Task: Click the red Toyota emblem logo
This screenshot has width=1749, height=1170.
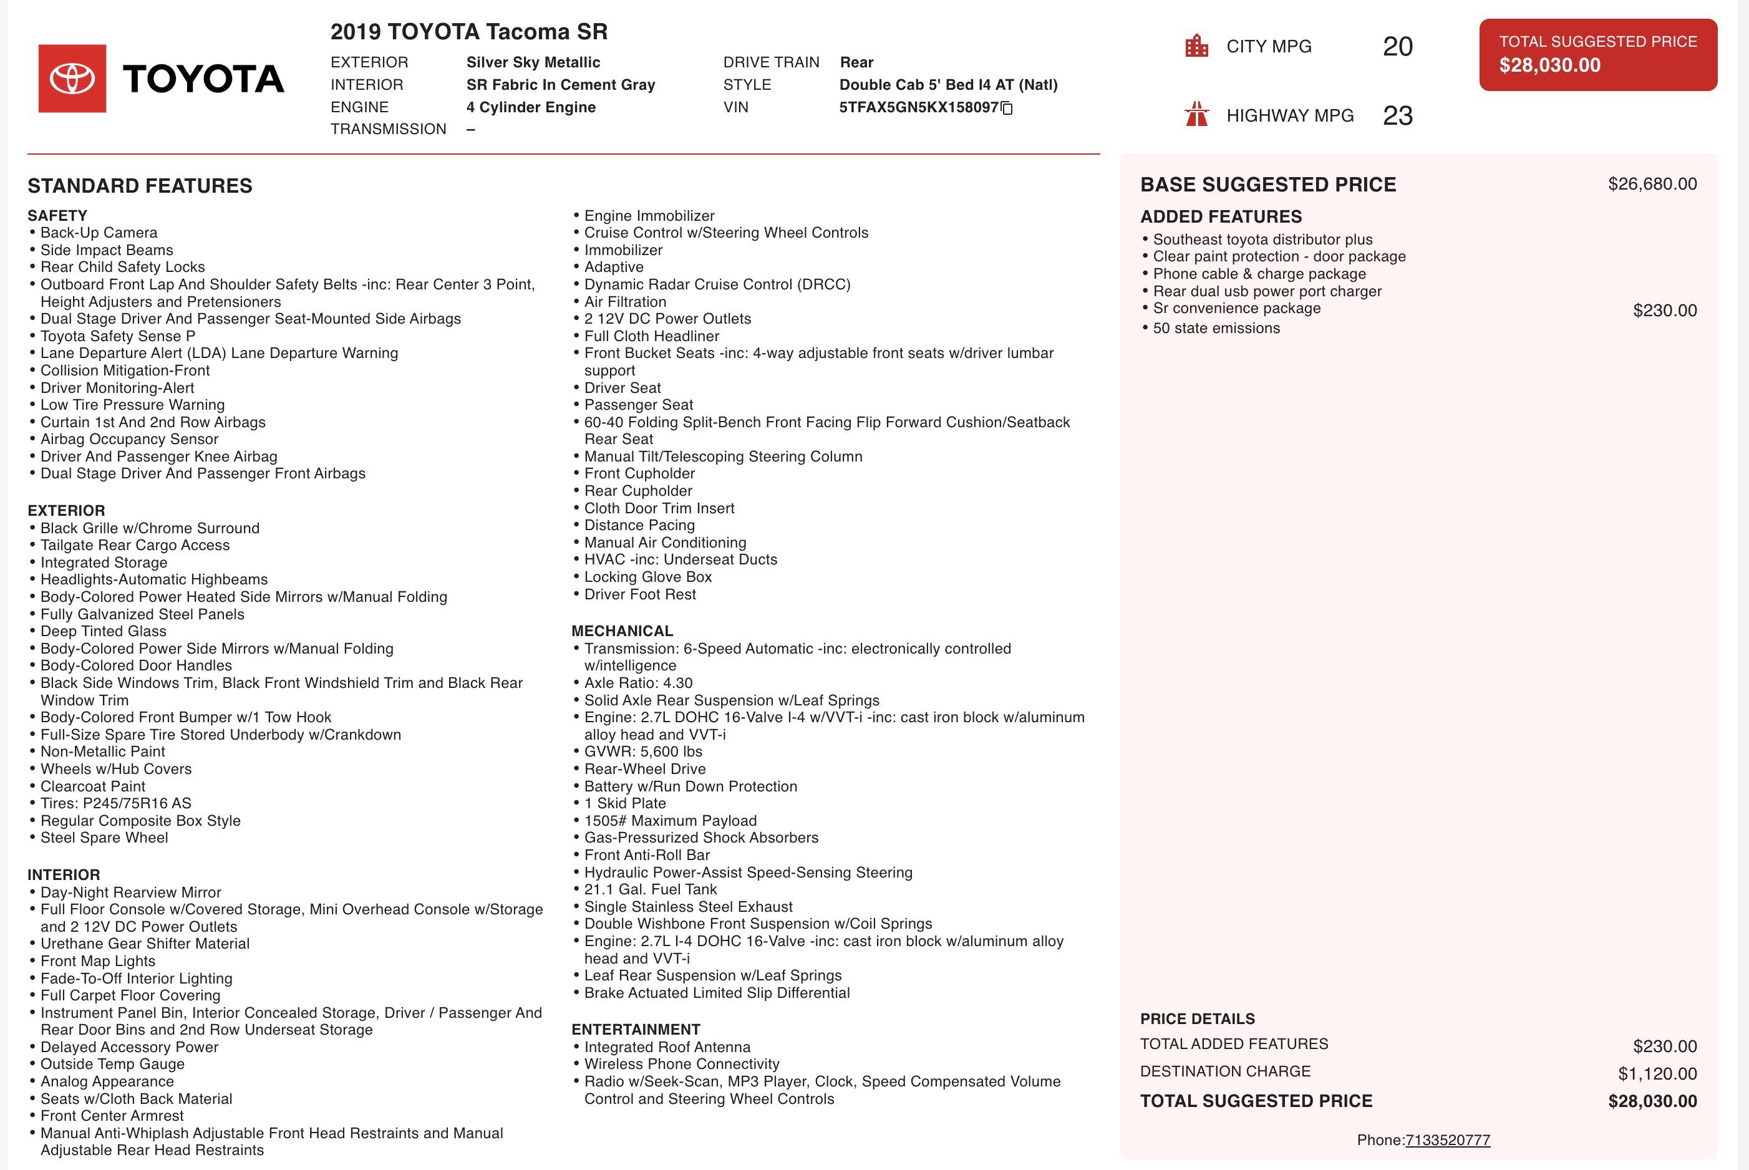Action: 72,79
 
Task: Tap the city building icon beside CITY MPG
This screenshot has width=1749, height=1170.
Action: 1197,46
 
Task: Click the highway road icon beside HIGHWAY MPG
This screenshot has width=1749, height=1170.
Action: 1197,115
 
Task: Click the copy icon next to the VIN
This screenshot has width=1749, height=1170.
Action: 1007,108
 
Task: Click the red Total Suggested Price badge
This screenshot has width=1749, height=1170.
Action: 1597,54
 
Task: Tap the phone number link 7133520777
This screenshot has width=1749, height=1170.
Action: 1448,1139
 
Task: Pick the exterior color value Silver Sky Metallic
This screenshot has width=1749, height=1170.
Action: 533,62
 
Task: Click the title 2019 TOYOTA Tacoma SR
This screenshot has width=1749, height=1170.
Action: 468,32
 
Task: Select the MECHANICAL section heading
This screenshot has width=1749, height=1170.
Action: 623,631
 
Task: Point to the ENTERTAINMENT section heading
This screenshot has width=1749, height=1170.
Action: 636,1030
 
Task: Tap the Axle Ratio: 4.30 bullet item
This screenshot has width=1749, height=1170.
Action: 638,683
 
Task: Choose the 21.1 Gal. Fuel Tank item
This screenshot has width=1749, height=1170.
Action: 650,889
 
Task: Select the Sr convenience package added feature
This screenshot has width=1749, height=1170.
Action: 1236,308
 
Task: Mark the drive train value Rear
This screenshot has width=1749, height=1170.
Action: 856,62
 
